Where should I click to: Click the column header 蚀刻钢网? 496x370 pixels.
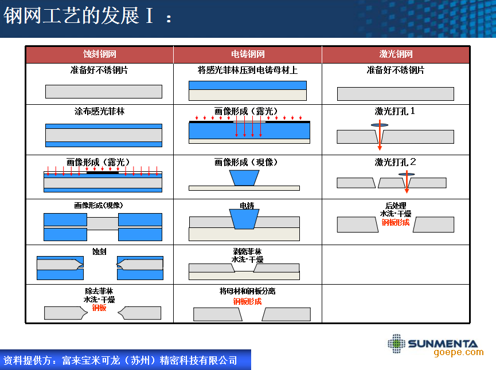click(100, 54)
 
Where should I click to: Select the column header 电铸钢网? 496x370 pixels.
click(248, 54)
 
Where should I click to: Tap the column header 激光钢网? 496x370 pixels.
click(396, 54)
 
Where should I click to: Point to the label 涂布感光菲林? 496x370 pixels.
click(100, 111)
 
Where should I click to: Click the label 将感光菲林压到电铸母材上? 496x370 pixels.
click(248, 70)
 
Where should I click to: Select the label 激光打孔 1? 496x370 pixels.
click(395, 111)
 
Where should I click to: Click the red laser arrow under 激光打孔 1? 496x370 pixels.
click(380, 135)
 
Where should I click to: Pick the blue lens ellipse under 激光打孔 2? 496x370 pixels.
click(407, 174)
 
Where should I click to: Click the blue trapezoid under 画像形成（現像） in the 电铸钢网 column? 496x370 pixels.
click(244, 178)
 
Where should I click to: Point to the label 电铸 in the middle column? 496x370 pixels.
click(247, 206)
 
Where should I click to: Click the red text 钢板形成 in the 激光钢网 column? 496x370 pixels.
click(396, 222)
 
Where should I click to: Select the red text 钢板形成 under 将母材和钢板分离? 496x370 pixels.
click(247, 301)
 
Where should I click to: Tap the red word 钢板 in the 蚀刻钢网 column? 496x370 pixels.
click(99, 308)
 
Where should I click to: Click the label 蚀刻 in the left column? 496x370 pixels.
click(99, 251)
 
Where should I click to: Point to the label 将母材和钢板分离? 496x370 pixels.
click(247, 291)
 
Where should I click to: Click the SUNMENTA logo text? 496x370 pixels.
click(443, 344)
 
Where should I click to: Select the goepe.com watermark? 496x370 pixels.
click(459, 352)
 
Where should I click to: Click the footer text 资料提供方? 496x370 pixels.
click(27, 360)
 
